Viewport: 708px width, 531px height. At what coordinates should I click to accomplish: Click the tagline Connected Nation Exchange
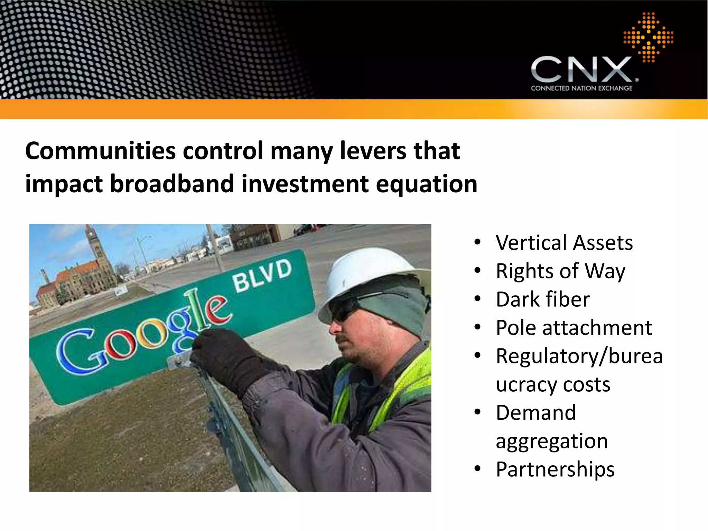click(581, 88)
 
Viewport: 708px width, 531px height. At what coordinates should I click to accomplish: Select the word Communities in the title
click(100, 151)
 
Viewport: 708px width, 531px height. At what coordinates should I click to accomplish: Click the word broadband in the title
click(172, 184)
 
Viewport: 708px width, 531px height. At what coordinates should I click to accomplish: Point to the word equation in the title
click(427, 184)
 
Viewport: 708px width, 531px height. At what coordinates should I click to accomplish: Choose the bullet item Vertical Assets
click(564, 243)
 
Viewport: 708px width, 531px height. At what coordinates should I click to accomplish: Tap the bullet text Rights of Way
click(560, 271)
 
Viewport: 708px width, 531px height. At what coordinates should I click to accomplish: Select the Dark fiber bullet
click(543, 299)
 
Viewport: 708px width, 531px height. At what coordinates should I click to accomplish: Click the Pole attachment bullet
click(574, 328)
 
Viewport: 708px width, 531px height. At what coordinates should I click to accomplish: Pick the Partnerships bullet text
click(555, 469)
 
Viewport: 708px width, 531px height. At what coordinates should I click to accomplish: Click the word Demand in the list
click(536, 413)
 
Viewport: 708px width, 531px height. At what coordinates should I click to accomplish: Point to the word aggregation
click(552, 441)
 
